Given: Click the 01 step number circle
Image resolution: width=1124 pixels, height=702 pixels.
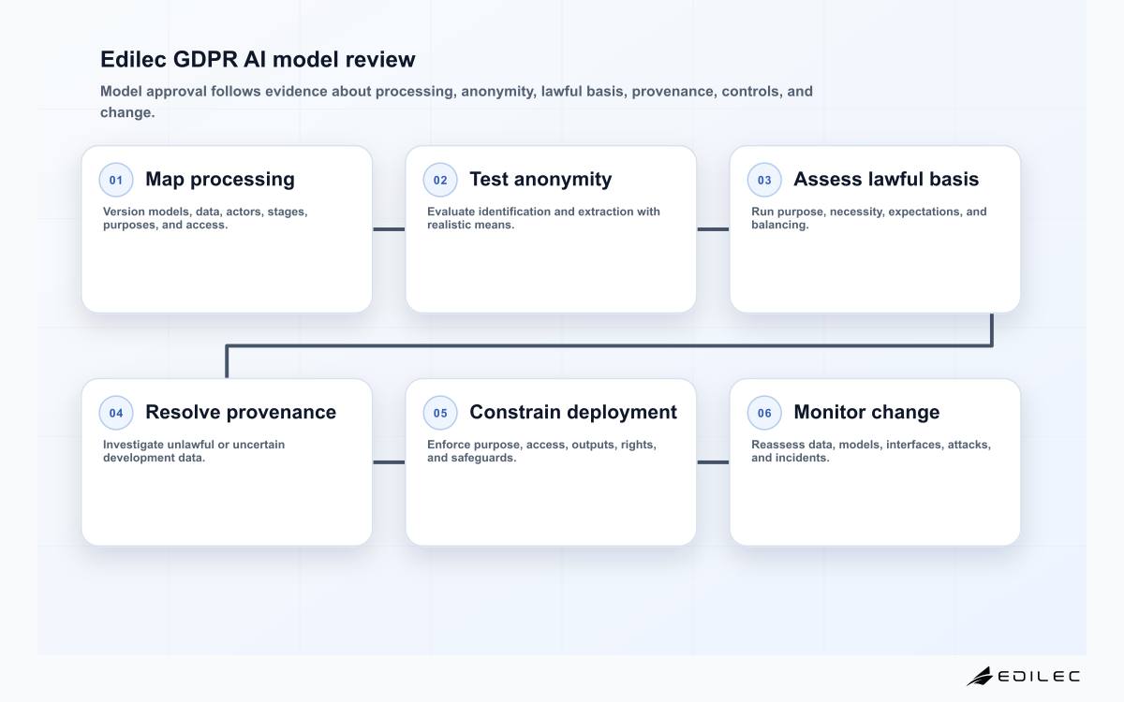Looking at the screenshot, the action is (x=116, y=180).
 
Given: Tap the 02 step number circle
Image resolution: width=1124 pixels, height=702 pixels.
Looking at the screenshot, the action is (x=440, y=180).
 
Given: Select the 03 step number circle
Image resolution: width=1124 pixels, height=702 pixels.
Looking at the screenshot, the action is (x=764, y=180).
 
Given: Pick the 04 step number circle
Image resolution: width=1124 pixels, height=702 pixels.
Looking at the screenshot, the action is (x=116, y=413).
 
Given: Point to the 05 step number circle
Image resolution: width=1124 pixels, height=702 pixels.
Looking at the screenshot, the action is (x=440, y=413).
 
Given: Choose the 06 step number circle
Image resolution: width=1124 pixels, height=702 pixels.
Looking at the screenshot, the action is (x=764, y=413).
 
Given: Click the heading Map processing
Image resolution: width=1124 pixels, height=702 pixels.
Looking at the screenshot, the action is (x=220, y=180).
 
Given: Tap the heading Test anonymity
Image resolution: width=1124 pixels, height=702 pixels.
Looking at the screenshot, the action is (x=540, y=180).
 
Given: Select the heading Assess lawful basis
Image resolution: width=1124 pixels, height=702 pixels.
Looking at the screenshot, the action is (x=886, y=179).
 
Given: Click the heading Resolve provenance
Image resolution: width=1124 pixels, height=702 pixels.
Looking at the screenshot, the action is (x=241, y=412).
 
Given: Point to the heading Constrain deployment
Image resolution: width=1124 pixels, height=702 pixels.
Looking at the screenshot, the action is (x=573, y=412).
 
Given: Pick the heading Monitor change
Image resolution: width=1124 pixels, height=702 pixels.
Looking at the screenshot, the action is (x=866, y=412).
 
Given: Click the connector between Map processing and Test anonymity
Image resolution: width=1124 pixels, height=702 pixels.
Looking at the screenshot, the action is (x=389, y=229).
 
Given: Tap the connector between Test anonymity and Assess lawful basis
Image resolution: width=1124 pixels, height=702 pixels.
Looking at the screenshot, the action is (x=713, y=229).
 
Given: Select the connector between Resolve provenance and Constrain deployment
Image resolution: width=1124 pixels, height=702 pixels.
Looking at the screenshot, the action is (x=389, y=462).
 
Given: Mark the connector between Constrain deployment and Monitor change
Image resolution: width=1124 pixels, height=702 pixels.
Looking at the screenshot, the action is (x=713, y=462).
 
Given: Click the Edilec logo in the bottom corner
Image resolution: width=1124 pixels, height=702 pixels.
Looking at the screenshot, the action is (x=1023, y=676).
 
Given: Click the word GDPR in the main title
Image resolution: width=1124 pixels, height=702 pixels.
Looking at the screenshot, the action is (x=205, y=59).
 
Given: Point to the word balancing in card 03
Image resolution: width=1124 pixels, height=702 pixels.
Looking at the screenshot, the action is (x=779, y=225).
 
